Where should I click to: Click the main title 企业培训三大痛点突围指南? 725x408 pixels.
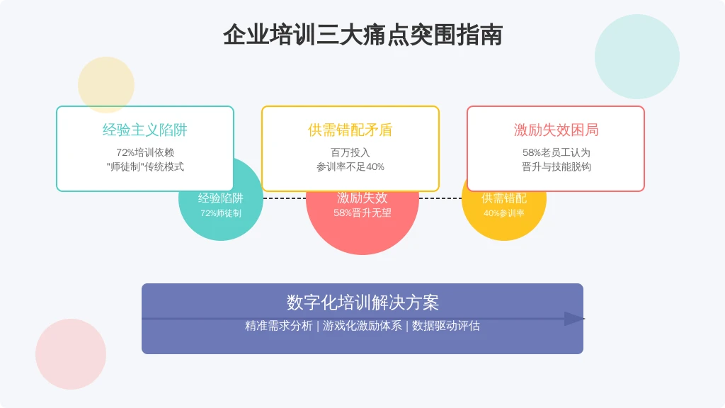tap(362, 35)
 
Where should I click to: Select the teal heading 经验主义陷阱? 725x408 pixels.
tap(144, 130)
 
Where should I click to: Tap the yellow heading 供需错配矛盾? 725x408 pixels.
tap(350, 130)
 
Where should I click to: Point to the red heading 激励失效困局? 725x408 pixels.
tap(556, 130)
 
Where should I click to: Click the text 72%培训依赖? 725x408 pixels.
tap(144, 152)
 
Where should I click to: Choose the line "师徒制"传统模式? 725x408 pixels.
tap(144, 166)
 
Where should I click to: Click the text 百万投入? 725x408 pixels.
tap(350, 152)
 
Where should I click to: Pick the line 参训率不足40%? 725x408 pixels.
tap(350, 166)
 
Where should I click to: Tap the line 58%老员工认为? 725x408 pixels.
tap(556, 152)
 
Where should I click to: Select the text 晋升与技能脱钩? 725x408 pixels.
tap(556, 166)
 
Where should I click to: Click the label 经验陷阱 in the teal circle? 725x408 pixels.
tap(221, 198)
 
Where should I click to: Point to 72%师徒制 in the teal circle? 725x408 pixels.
tap(221, 213)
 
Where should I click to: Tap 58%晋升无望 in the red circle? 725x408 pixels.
tap(362, 212)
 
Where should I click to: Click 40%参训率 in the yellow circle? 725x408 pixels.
tap(503, 213)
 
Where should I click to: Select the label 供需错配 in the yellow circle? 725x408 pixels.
tap(503, 198)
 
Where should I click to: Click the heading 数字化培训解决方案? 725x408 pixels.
tap(362, 302)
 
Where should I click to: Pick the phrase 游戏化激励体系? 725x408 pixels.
tap(362, 326)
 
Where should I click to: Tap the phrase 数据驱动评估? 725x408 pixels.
tap(446, 326)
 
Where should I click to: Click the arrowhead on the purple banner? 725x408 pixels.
tap(574, 319)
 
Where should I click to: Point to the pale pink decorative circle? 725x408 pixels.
tap(71, 354)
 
